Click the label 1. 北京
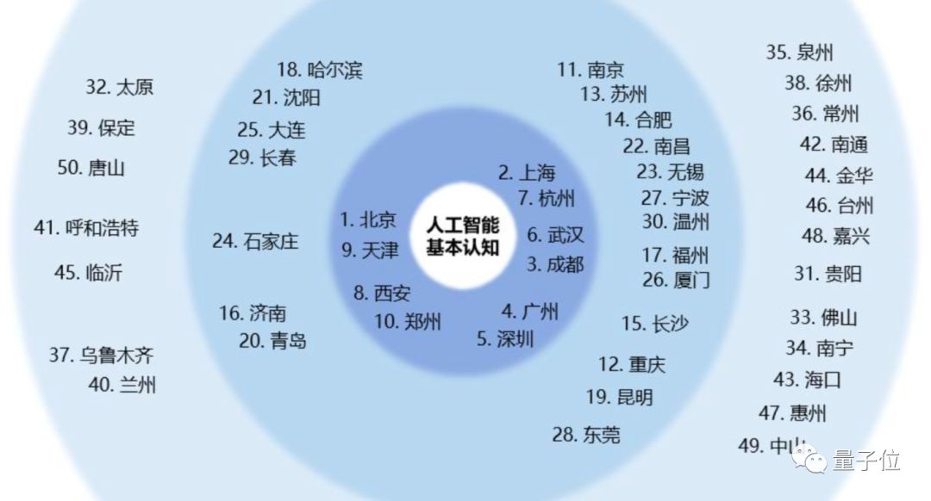click(368, 220)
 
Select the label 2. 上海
click(527, 171)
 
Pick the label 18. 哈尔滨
click(320, 70)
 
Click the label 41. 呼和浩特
click(86, 228)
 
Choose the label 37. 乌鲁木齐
click(101, 355)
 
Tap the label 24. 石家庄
click(255, 241)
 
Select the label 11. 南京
click(590, 70)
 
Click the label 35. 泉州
click(800, 53)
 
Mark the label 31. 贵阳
click(828, 275)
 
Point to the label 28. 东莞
click(586, 435)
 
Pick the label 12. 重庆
click(632, 364)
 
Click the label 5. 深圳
click(506, 338)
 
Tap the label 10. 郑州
click(408, 323)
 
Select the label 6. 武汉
click(555, 234)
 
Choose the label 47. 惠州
click(792, 413)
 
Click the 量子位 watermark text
click(865, 461)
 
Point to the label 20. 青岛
click(272, 341)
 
